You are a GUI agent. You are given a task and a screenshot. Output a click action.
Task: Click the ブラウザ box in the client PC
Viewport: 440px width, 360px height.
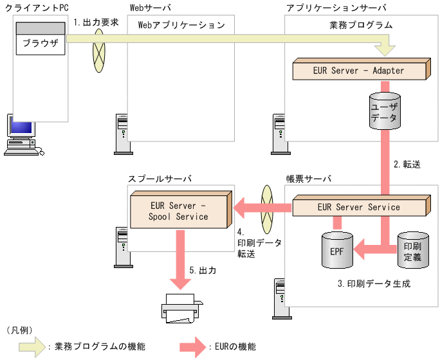click(x=40, y=44)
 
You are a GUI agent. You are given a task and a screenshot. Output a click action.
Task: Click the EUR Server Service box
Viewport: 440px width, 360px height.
click(x=359, y=208)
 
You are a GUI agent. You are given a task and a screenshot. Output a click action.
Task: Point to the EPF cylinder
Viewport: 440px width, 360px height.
click(x=337, y=249)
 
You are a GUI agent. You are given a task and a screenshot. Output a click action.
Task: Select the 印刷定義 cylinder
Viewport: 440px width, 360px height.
click(x=412, y=250)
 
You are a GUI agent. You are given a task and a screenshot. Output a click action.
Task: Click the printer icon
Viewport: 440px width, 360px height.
click(x=180, y=308)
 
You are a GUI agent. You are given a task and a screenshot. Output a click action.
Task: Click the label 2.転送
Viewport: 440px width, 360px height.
click(x=407, y=164)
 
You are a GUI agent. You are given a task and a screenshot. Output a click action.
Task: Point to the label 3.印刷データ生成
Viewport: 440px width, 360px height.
click(x=374, y=283)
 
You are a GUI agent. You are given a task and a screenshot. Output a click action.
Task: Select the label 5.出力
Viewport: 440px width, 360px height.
click(x=203, y=271)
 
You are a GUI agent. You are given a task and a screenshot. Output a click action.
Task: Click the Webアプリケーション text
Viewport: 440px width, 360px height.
click(x=181, y=26)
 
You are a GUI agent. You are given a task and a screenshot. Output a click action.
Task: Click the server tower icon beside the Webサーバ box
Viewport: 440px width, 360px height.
click(x=121, y=134)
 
